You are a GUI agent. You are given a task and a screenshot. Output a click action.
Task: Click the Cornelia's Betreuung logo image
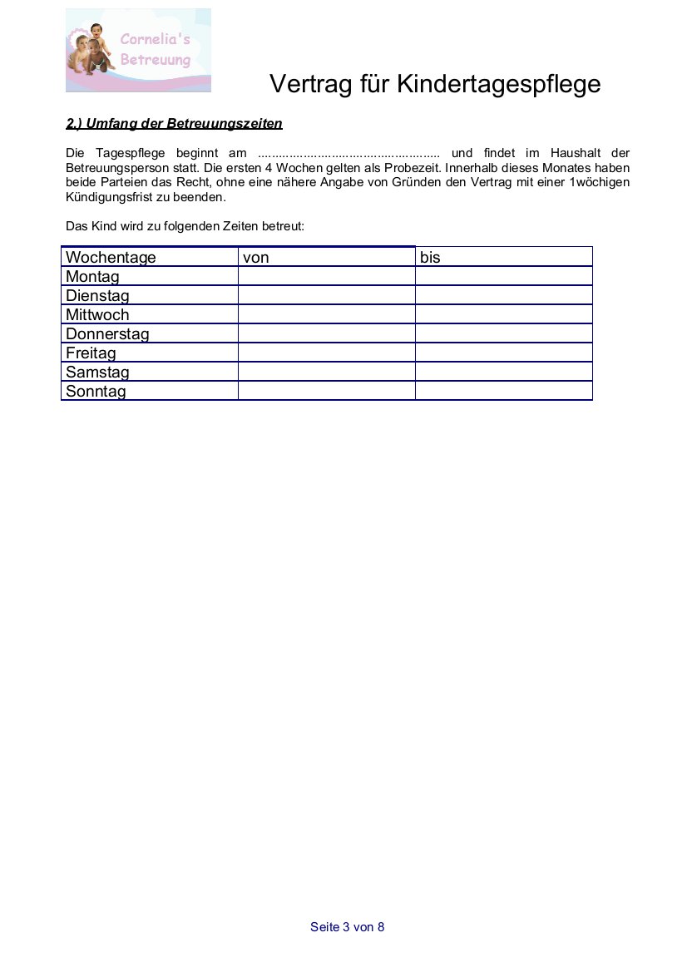138,50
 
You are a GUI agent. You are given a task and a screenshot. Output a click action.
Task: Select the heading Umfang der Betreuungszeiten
174,124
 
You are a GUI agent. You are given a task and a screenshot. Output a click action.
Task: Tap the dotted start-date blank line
348,154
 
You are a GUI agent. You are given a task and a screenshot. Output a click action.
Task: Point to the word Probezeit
411,167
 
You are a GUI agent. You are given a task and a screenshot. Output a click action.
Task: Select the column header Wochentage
111,257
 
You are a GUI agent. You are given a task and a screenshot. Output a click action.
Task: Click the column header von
256,257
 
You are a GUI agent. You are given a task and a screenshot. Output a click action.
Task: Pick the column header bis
430,257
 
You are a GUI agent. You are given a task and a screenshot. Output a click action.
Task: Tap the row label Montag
92,276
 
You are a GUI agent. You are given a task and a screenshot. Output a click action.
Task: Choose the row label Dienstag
97,295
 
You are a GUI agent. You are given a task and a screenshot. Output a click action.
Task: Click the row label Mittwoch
97,314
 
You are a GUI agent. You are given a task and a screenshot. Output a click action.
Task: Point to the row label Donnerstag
107,333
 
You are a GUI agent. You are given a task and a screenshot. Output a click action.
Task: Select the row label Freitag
91,353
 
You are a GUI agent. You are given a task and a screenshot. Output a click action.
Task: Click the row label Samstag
97,372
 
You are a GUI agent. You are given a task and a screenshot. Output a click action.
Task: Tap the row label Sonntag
96,391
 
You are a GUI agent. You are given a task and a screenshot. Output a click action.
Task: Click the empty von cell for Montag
326,276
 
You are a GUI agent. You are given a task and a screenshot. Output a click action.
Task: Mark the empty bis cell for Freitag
503,353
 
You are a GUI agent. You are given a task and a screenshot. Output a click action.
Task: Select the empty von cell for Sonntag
326,391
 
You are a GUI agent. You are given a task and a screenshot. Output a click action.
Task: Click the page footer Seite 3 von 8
347,927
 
